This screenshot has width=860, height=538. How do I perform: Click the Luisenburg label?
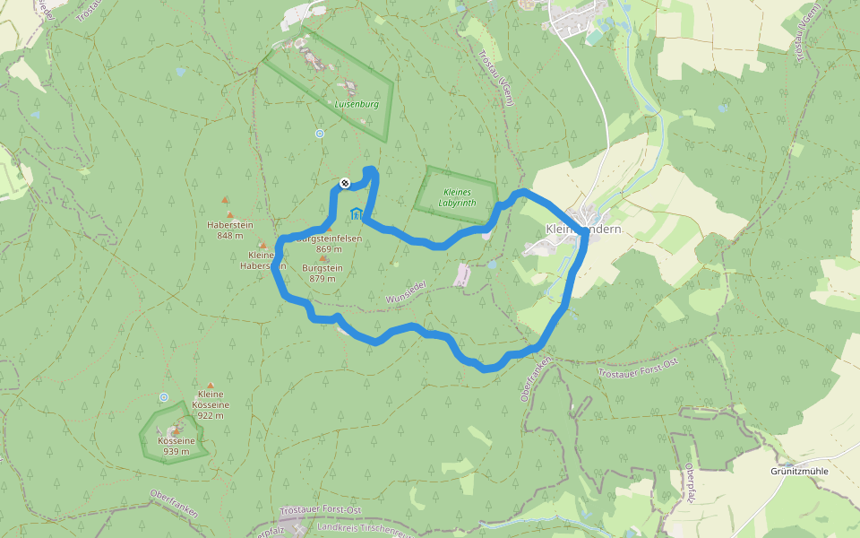point(357,104)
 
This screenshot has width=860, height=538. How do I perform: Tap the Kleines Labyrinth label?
point(458,197)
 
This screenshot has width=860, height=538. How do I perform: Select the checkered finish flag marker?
point(345,184)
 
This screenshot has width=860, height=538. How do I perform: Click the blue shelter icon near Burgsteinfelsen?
point(357,213)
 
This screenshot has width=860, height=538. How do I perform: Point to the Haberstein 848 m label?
point(229,230)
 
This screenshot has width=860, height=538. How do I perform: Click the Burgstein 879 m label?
point(322,273)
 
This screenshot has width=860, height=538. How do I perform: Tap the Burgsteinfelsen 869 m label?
point(329,243)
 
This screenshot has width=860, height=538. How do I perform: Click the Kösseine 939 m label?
point(176,446)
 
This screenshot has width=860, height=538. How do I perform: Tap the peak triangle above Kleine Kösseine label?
point(211,385)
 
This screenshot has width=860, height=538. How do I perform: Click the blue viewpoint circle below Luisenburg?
point(320,134)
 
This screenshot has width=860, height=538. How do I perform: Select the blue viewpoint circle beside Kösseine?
point(163,397)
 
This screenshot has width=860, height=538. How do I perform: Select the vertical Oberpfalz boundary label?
point(690,484)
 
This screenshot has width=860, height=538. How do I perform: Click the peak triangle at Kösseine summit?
point(176,432)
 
